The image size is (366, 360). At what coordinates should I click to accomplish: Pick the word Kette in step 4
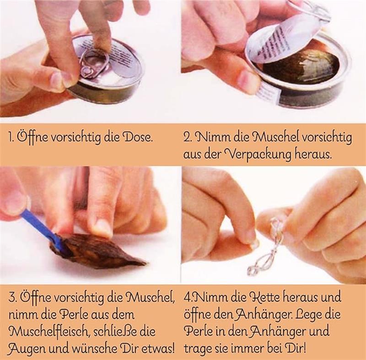click(264, 297)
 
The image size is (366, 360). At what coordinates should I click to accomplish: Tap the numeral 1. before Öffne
click(11, 137)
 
